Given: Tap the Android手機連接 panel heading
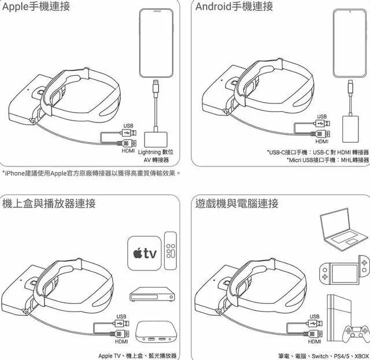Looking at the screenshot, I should [234, 7].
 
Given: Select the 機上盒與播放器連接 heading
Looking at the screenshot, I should [49, 203].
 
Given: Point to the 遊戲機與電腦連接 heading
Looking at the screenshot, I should [237, 203].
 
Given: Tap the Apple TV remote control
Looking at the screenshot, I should [171, 250].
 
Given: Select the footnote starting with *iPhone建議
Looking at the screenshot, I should [91, 173].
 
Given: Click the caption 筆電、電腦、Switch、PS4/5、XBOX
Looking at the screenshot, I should [324, 355].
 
